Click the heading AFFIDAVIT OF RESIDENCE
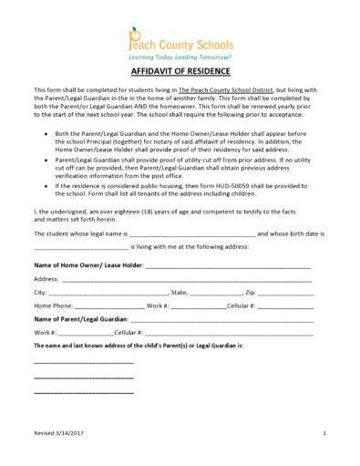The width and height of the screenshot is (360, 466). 180,71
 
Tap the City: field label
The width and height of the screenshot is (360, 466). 40,292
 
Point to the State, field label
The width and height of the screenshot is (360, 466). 179,292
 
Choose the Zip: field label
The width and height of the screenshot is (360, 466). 252,292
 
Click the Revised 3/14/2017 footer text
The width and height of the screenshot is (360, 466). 57,432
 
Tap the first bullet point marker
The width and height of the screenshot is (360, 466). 46,133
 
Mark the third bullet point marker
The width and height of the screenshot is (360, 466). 46,185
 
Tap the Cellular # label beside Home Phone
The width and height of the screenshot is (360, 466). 241,305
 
